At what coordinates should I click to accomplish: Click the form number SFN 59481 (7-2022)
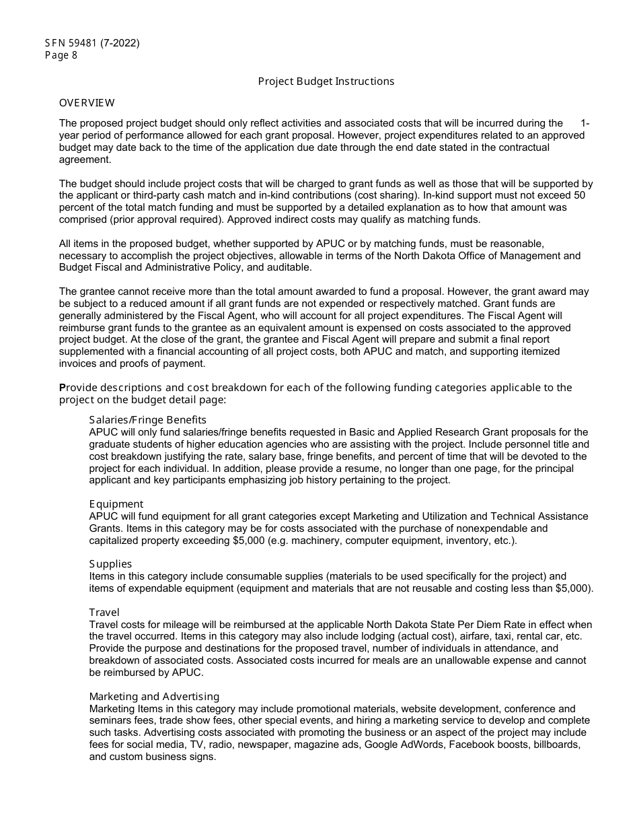point(92,43)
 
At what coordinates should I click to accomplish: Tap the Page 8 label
point(61,55)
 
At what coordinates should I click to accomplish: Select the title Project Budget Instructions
point(326,81)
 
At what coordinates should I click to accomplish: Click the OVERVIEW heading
point(87,103)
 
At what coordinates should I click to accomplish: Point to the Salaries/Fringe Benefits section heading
point(148,420)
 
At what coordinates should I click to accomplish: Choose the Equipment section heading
point(116,504)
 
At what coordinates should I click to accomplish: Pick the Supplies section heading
point(110,564)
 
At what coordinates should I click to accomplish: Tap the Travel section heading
point(104,613)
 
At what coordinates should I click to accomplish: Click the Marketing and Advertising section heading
point(154,697)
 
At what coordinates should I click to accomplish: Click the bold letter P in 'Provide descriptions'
point(63,388)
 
